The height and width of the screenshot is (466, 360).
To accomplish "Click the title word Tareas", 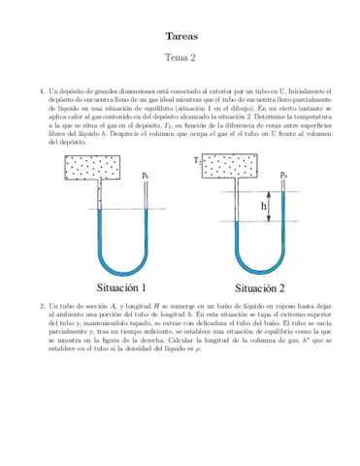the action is [x=180, y=35].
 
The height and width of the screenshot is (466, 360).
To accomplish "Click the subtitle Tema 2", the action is [x=180, y=57].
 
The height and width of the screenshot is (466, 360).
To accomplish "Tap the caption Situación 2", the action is [x=265, y=288].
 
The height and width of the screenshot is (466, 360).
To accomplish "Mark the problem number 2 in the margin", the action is [x=42, y=304].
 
